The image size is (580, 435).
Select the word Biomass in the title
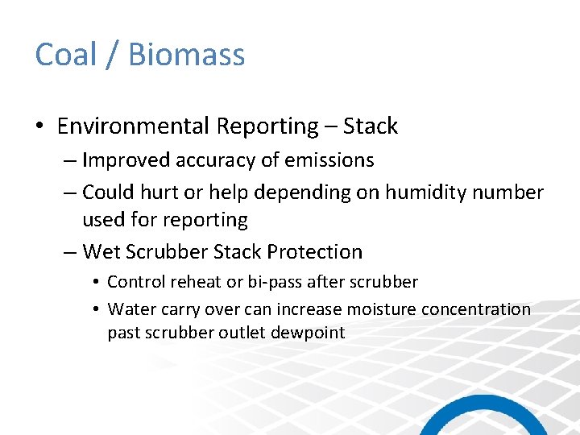[186, 55]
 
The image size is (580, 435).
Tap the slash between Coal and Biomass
[113, 55]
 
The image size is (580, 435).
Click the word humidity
[431, 193]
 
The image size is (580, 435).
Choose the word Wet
[101, 252]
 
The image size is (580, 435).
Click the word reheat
[193, 282]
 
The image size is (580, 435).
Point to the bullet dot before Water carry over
[96, 309]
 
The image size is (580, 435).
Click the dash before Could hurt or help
[69, 193]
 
